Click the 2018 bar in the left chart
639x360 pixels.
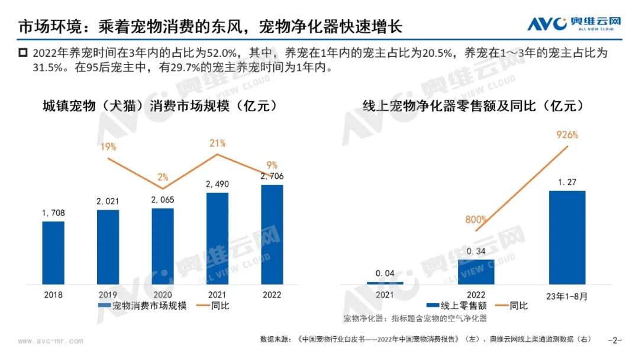coord(53,252)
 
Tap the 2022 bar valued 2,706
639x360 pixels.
coord(272,234)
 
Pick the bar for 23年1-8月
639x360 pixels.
coord(567,237)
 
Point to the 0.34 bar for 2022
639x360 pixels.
coord(475,272)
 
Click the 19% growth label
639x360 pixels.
coord(108,147)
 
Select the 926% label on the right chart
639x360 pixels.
coord(567,135)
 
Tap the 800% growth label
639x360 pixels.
coord(476,220)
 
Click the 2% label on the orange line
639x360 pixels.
coord(163,177)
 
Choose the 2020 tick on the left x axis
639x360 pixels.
coord(163,294)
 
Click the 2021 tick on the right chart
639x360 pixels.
coord(384,294)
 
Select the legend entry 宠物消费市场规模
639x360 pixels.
coord(142,306)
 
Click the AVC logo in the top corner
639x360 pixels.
coord(575,24)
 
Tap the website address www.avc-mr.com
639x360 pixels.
coord(50,341)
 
